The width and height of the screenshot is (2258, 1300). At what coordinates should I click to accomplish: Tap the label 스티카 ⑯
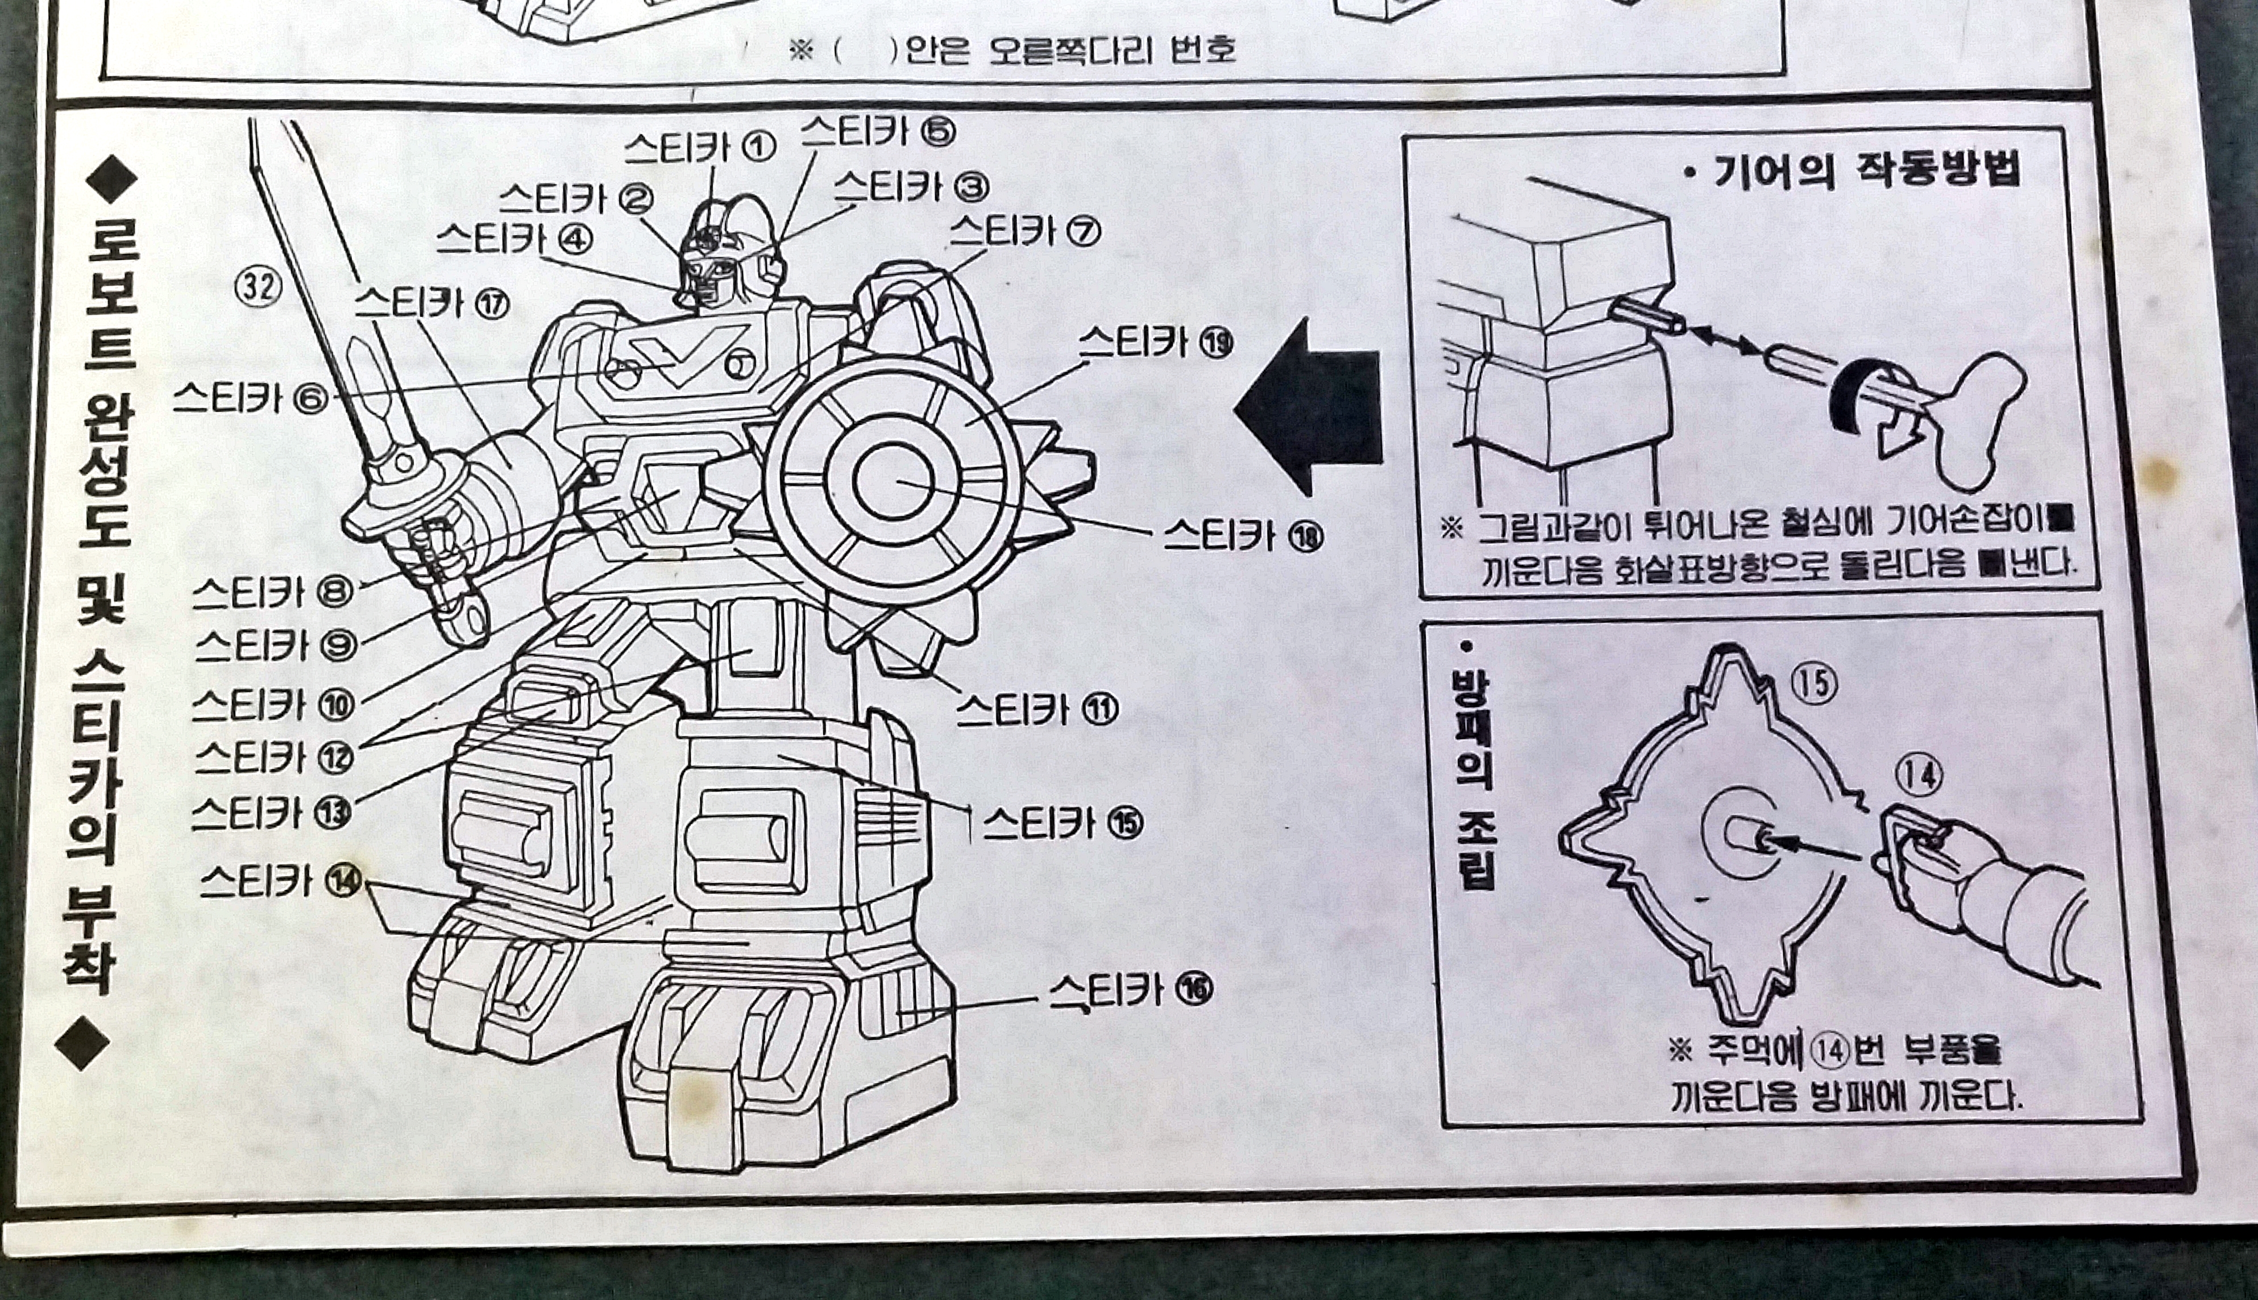1130,989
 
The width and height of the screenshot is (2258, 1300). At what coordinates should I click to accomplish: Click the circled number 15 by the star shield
1813,684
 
